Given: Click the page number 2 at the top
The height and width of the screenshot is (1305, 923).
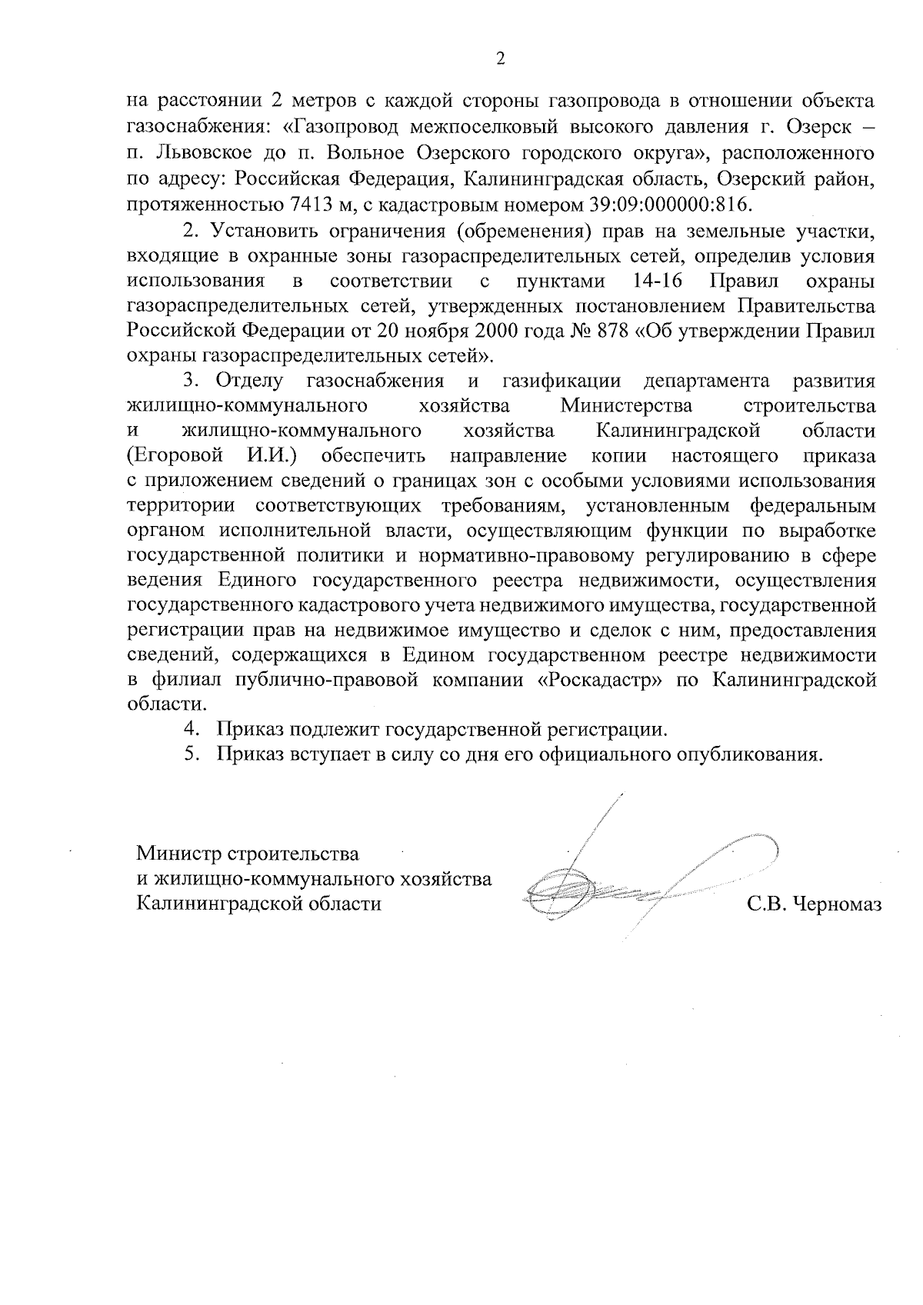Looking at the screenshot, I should pyautogui.click(x=500, y=59).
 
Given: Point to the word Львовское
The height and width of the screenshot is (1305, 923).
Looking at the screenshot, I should pyautogui.click(x=206, y=153).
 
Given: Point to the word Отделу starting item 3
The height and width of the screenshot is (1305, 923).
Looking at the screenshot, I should pyautogui.click(x=249, y=381).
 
